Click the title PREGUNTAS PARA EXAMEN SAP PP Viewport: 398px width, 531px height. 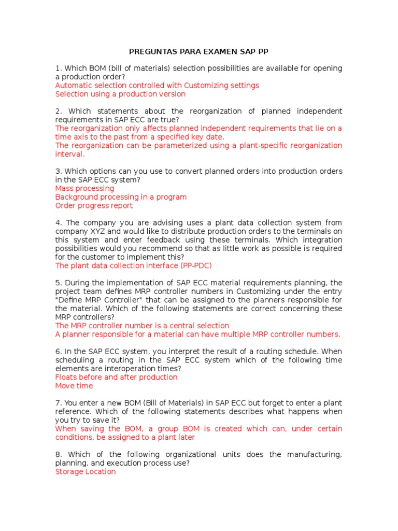point(198,52)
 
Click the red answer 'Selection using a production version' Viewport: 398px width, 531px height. point(120,94)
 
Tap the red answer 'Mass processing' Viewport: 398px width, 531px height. point(84,189)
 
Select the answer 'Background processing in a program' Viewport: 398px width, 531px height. point(121,197)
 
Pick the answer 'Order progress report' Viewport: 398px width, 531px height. point(94,206)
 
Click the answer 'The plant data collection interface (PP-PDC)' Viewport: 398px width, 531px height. point(134,265)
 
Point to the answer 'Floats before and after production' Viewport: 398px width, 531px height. point(116,378)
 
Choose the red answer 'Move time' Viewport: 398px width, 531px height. point(74,386)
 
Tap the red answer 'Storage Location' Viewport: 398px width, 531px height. point(86,472)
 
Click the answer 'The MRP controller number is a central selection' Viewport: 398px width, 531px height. point(142,326)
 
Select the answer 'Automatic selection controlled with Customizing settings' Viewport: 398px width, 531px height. point(157,86)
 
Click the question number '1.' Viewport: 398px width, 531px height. point(59,68)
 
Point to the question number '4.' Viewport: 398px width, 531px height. point(59,223)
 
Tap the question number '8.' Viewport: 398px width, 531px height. point(59,455)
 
